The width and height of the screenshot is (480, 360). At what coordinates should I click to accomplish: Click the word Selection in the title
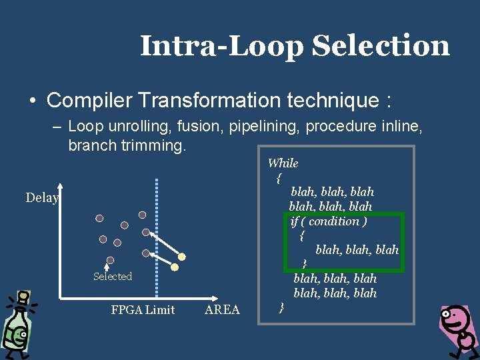pyautogui.click(x=380, y=46)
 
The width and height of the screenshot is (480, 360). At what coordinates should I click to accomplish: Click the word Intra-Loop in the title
pyautogui.click(x=223, y=46)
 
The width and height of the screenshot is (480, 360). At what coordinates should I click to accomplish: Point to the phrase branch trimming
pyautogui.click(x=126, y=145)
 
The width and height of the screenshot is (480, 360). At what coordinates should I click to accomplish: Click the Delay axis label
pyautogui.click(x=42, y=197)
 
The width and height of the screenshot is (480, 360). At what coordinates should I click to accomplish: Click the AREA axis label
pyautogui.click(x=222, y=309)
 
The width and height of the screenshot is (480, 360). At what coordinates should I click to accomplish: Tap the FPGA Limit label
pyautogui.click(x=143, y=309)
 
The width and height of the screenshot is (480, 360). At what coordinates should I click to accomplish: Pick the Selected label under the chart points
pyautogui.click(x=113, y=276)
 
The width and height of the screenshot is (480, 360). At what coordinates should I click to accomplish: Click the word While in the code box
pyautogui.click(x=283, y=163)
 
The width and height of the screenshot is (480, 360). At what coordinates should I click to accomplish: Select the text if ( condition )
pyautogui.click(x=329, y=221)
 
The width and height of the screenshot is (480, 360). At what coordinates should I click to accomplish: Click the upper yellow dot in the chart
pyautogui.click(x=181, y=256)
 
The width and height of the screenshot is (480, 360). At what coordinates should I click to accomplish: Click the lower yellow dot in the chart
pyautogui.click(x=175, y=267)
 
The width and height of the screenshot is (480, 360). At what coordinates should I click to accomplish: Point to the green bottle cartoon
pyautogui.click(x=17, y=323)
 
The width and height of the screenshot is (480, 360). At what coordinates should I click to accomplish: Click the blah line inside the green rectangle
pyautogui.click(x=357, y=249)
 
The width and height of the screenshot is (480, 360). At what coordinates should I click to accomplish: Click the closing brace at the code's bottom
pyautogui.click(x=281, y=307)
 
